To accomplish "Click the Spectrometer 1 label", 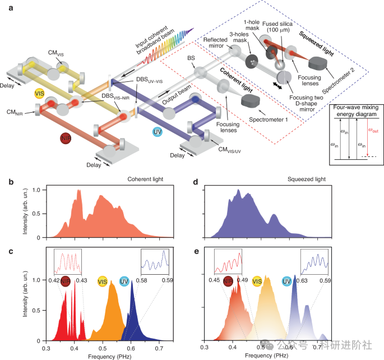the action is tap(268, 119).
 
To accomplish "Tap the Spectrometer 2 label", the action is tap(338, 81).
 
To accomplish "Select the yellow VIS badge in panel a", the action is tap(39, 94).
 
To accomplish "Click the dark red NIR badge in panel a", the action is tap(66, 139).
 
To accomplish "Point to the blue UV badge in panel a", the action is tap(157, 132).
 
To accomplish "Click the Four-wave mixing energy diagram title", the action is tap(356, 110).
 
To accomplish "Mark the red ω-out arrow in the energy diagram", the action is tap(367, 137).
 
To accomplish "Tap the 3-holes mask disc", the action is tap(252, 61).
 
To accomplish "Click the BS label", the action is tap(191, 58).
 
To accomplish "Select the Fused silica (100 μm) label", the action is tap(277, 27).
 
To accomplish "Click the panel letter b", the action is tap(11, 182).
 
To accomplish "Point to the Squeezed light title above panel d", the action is tap(307, 179).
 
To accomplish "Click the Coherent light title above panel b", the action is tap(145, 179).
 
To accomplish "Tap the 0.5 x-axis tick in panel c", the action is tap(103, 348).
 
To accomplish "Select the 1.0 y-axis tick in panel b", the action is tap(36, 190).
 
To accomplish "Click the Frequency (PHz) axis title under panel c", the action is tap(110, 357).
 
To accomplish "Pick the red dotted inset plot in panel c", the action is tap(68, 262).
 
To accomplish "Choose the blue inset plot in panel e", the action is tap(314, 262).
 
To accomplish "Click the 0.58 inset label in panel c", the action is tap(142, 280).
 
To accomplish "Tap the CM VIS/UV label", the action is tap(229, 150).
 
